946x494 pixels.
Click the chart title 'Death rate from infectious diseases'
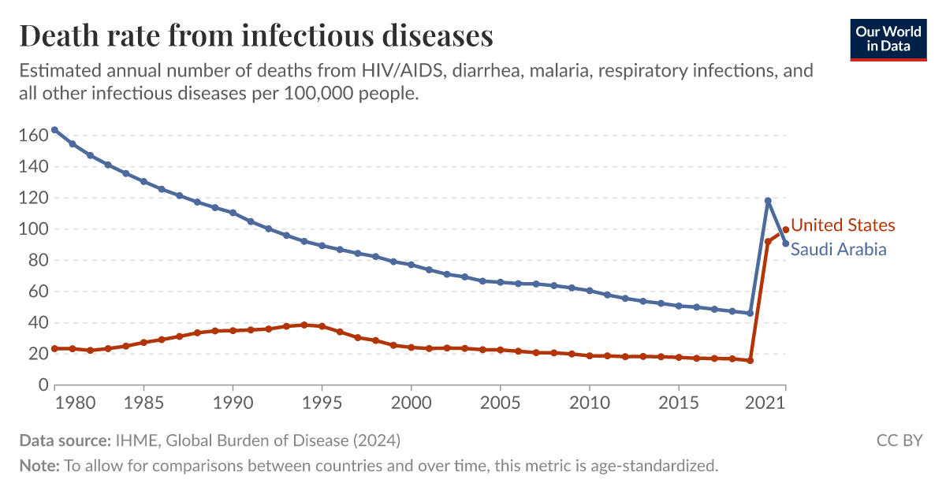coord(256,36)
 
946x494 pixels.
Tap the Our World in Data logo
coord(888,39)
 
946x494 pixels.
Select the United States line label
coord(843,225)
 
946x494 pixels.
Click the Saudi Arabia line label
coord(838,249)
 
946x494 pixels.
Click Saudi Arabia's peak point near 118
coord(768,201)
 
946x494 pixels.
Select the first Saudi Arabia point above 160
coord(54,130)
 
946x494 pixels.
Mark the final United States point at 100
coord(785,229)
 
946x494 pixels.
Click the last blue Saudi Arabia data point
coord(785,243)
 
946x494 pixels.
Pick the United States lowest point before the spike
coord(750,361)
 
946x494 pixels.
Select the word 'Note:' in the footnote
coord(39,466)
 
